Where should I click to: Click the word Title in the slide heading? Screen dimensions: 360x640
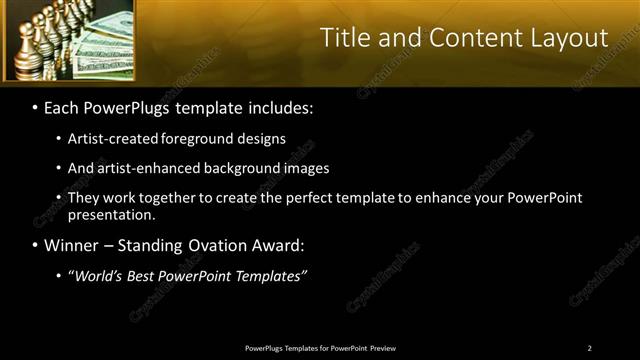click(345, 38)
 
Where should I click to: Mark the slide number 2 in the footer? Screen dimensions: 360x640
click(589, 348)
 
